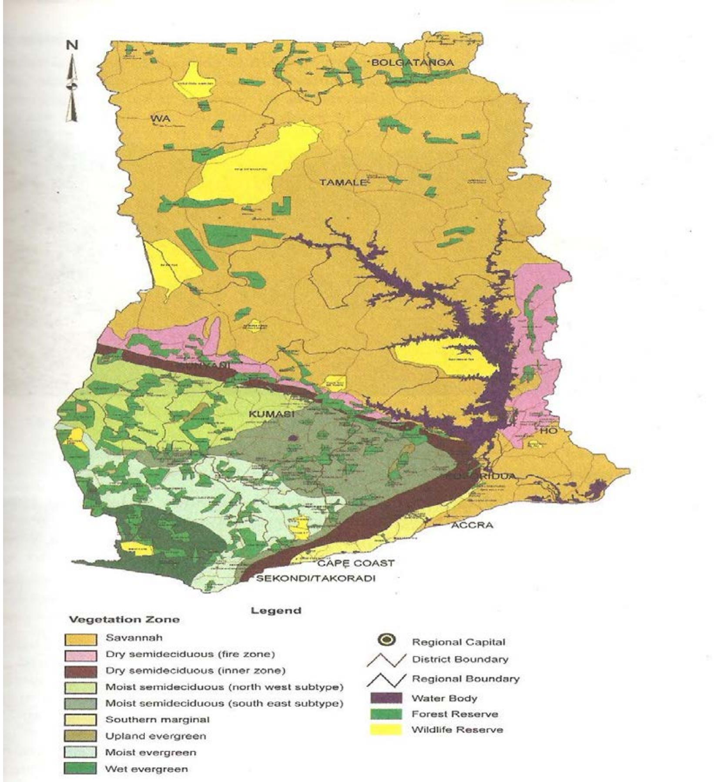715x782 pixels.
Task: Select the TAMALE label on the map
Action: [x=343, y=182]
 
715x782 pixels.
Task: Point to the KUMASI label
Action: [x=271, y=414]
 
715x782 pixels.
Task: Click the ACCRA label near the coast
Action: [x=472, y=525]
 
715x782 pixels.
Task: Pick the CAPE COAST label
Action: [x=356, y=563]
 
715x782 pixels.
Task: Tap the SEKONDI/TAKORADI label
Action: [x=316, y=578]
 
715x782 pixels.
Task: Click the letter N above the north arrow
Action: [x=72, y=45]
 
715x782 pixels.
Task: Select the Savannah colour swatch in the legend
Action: [x=81, y=639]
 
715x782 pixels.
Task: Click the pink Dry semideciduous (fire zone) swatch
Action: [x=81, y=655]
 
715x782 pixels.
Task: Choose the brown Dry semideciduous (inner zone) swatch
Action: [x=81, y=672]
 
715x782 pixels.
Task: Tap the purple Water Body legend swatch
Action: [x=386, y=698]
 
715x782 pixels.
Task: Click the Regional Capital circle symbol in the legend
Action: [x=386, y=640]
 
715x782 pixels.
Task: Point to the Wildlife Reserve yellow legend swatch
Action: [x=386, y=730]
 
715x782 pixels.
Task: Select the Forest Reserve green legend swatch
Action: [x=386, y=714]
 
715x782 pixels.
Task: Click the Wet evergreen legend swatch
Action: [x=81, y=769]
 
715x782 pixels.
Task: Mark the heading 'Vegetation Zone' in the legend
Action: [x=124, y=619]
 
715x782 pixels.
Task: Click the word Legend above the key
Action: [x=276, y=611]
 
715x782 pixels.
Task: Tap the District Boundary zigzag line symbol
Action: [x=386, y=660]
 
